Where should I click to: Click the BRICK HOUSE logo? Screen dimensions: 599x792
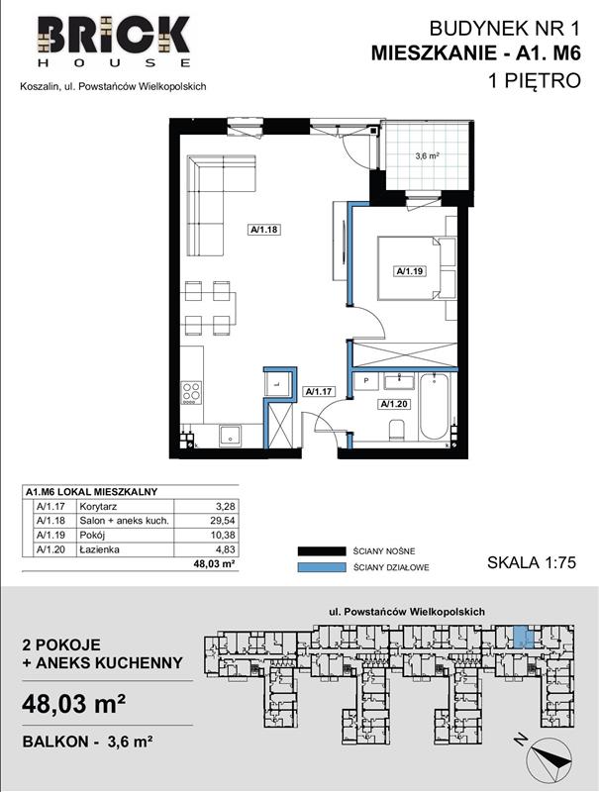tap(114, 42)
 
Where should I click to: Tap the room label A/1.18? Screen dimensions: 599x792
tap(264, 230)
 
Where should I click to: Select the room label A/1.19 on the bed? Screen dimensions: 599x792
tap(410, 271)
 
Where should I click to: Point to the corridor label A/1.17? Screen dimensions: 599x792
tap(318, 391)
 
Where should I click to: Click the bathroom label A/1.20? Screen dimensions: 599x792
tap(394, 404)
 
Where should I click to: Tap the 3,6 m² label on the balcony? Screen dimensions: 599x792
tap(427, 156)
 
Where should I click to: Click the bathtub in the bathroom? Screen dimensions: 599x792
tap(434, 407)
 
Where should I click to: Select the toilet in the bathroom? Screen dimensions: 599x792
tap(396, 431)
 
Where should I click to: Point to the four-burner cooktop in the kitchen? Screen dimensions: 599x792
tap(191, 393)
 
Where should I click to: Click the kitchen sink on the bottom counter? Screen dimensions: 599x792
tap(230, 436)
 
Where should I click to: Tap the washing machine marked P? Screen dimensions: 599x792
tap(365, 381)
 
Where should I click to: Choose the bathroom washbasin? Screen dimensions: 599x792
tap(399, 381)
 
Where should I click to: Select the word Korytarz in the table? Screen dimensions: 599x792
tap(98, 506)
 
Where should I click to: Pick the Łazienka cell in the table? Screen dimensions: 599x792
tap(99, 549)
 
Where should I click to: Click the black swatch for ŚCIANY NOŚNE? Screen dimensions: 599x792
tap(321, 551)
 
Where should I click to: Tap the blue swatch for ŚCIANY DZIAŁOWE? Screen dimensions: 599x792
tap(321, 567)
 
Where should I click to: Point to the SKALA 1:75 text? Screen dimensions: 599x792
tap(532, 562)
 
